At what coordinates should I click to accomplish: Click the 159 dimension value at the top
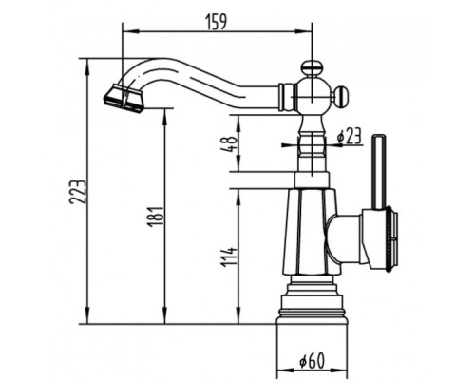click(x=217, y=22)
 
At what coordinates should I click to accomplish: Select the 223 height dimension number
click(x=78, y=193)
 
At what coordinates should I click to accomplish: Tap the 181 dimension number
click(x=156, y=217)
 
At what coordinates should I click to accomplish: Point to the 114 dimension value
click(x=229, y=257)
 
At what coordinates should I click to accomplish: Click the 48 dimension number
click(x=230, y=144)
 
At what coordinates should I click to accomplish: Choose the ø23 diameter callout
click(x=350, y=136)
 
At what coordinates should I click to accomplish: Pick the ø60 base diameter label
click(x=313, y=360)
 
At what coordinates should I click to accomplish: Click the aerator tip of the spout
click(x=123, y=99)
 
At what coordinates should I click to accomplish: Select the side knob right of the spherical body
click(x=341, y=96)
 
